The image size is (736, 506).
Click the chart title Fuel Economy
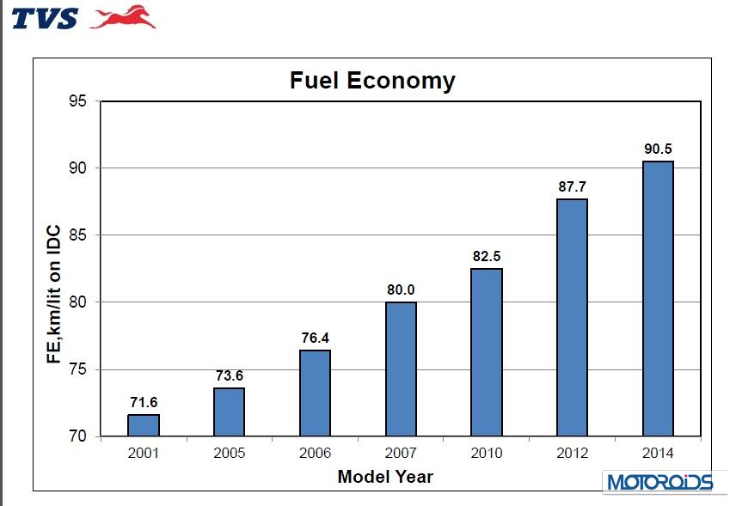click(371, 81)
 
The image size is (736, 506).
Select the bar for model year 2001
click(144, 425)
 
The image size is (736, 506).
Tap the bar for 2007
click(401, 369)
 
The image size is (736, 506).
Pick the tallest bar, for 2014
click(658, 299)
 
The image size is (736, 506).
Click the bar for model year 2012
click(572, 318)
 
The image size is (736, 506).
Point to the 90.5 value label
click(658, 149)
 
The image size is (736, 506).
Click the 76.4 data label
click(315, 338)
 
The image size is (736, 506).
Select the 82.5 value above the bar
click(487, 256)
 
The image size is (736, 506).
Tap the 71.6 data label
click(144, 402)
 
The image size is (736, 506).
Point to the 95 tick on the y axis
click(78, 101)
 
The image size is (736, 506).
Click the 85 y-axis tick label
click(78, 235)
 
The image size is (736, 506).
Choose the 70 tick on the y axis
click(78, 436)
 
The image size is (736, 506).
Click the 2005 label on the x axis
click(229, 453)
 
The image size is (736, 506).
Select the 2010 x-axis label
click(487, 453)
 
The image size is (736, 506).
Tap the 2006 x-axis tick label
click(315, 453)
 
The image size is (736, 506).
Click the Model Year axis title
click(385, 476)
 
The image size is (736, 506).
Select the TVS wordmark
click(45, 18)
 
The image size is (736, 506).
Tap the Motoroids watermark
click(660, 482)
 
